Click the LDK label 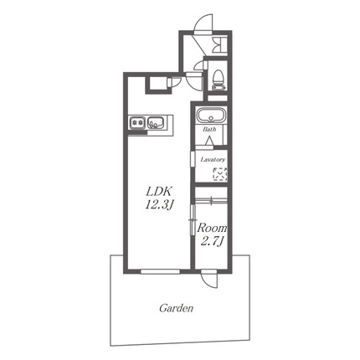[158, 192]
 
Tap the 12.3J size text [158, 206]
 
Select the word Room [212, 229]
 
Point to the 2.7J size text [212, 241]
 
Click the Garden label [177, 308]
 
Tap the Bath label [209, 129]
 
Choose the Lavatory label [213, 160]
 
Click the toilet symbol [219, 80]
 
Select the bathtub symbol [212, 116]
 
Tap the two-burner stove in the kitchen [137, 122]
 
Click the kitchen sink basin [155, 122]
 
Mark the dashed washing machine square [220, 174]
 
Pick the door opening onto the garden [209, 278]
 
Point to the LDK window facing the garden [160, 271]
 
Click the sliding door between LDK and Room [192, 220]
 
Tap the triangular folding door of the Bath [209, 141]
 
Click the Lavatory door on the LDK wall [193, 159]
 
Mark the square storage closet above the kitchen [158, 83]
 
